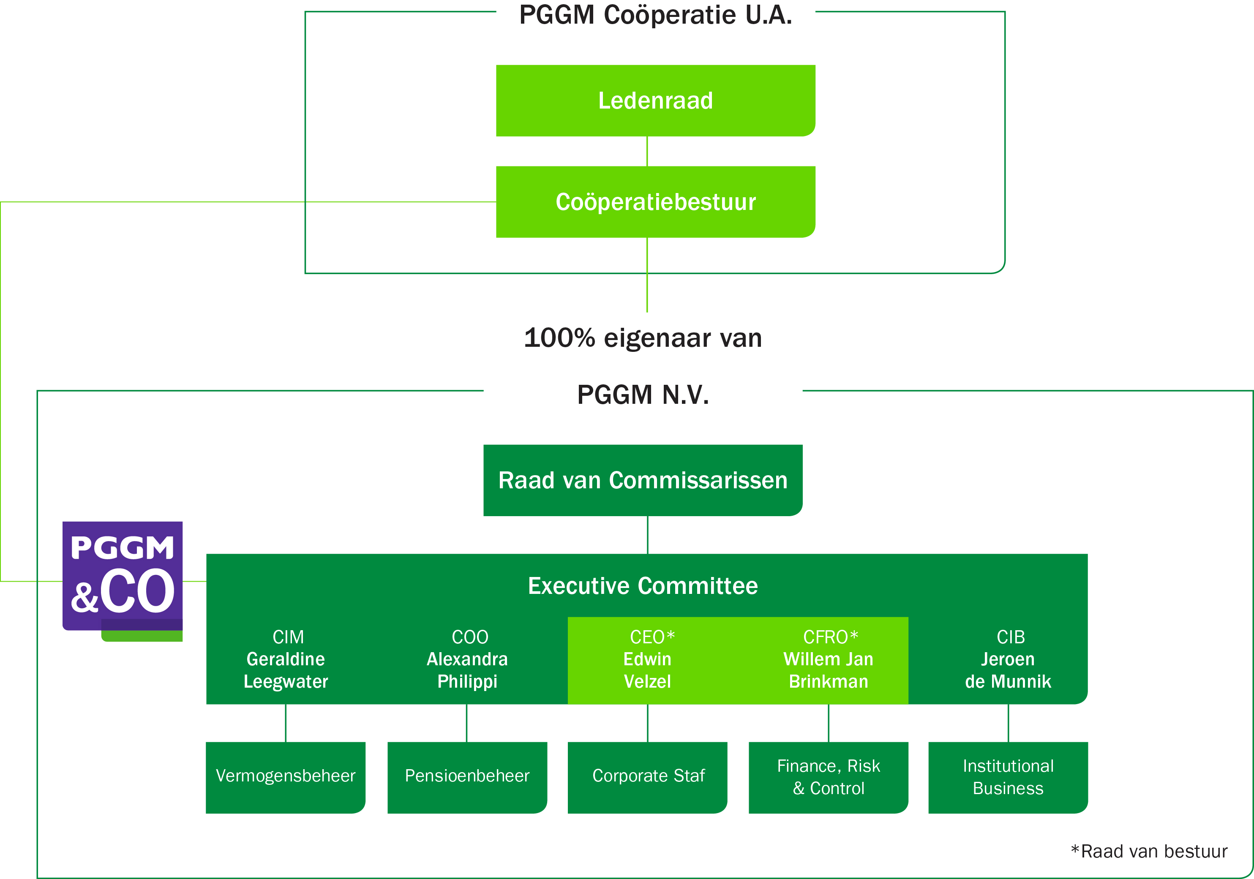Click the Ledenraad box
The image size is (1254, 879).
pos(655,101)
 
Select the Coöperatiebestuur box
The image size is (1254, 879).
pos(655,202)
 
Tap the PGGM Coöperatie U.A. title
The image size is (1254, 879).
pos(655,15)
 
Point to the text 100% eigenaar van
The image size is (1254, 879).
pos(643,338)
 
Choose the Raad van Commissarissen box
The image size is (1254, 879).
pos(643,480)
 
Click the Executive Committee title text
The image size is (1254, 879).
pos(643,586)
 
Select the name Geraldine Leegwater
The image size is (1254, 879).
pos(286,670)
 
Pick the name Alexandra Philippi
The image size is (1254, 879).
pos(467,670)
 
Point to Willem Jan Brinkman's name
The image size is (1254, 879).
pos(829,670)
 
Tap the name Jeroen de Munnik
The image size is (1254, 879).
pos(1008,670)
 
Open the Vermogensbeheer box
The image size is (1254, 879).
pos(286,776)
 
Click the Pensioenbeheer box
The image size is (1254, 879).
pos(467,776)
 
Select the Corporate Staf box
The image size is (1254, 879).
pos(648,776)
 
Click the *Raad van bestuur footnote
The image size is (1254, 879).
pos(1149,851)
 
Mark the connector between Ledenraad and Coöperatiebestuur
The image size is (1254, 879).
pos(647,151)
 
